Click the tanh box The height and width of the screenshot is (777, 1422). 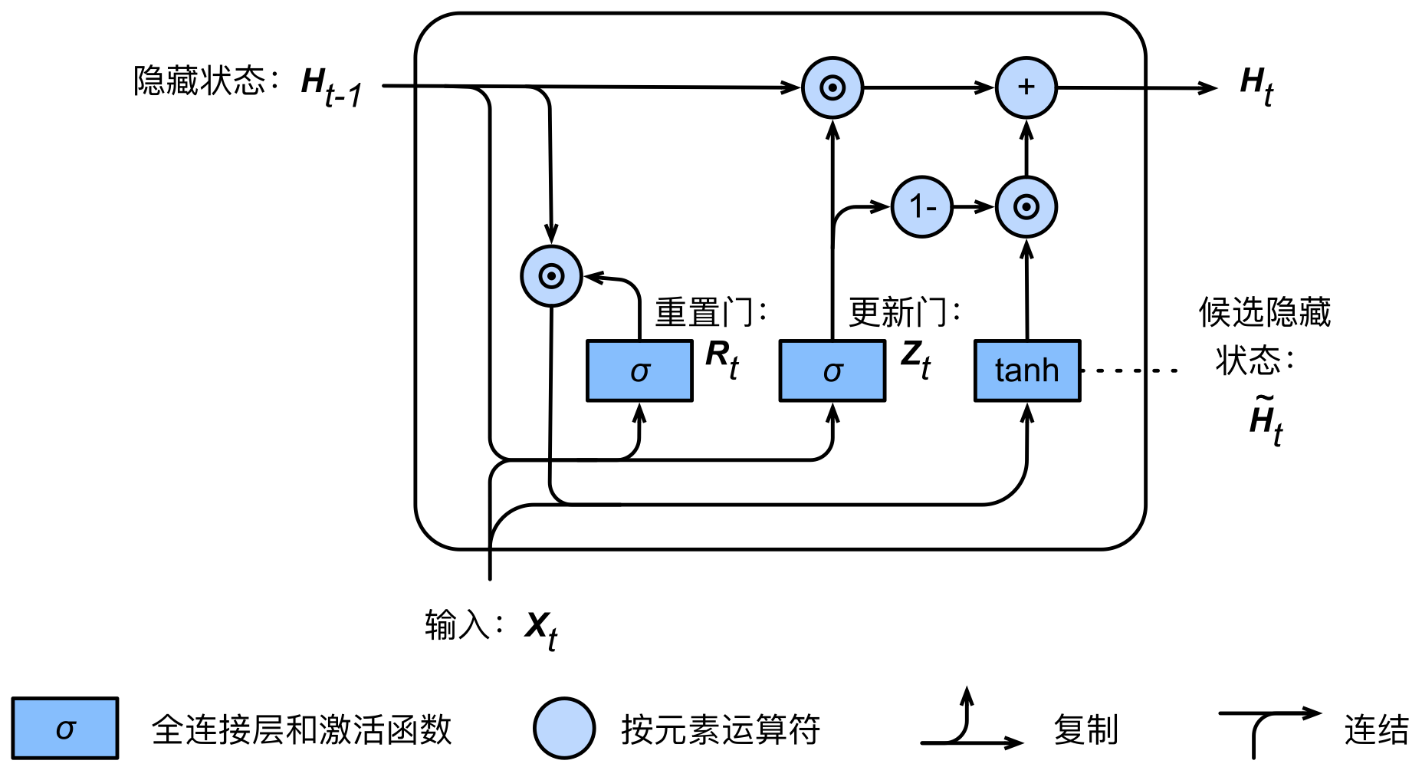pos(1027,370)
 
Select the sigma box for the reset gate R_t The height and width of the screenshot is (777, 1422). pos(639,370)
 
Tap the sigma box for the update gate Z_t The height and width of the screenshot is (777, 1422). pos(833,370)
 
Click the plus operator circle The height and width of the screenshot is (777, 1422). pos(1026,87)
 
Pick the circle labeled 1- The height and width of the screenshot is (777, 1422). pos(922,206)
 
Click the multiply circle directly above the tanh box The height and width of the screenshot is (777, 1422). pos(1026,206)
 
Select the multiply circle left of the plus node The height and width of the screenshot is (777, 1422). pos(833,87)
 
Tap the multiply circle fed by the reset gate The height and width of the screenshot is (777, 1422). pos(551,276)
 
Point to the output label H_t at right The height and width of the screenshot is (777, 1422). pos(1257,86)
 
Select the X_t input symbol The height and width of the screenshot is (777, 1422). pos(541,630)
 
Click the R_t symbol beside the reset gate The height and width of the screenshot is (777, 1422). pos(722,359)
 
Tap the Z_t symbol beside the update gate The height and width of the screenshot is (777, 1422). pos(916,359)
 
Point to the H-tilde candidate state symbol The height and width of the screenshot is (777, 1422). pos(1266,420)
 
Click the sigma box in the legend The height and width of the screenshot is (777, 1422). pos(65,728)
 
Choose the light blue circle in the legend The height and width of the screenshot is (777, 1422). pos(564,728)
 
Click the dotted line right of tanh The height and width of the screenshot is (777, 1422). pos(1128,370)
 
